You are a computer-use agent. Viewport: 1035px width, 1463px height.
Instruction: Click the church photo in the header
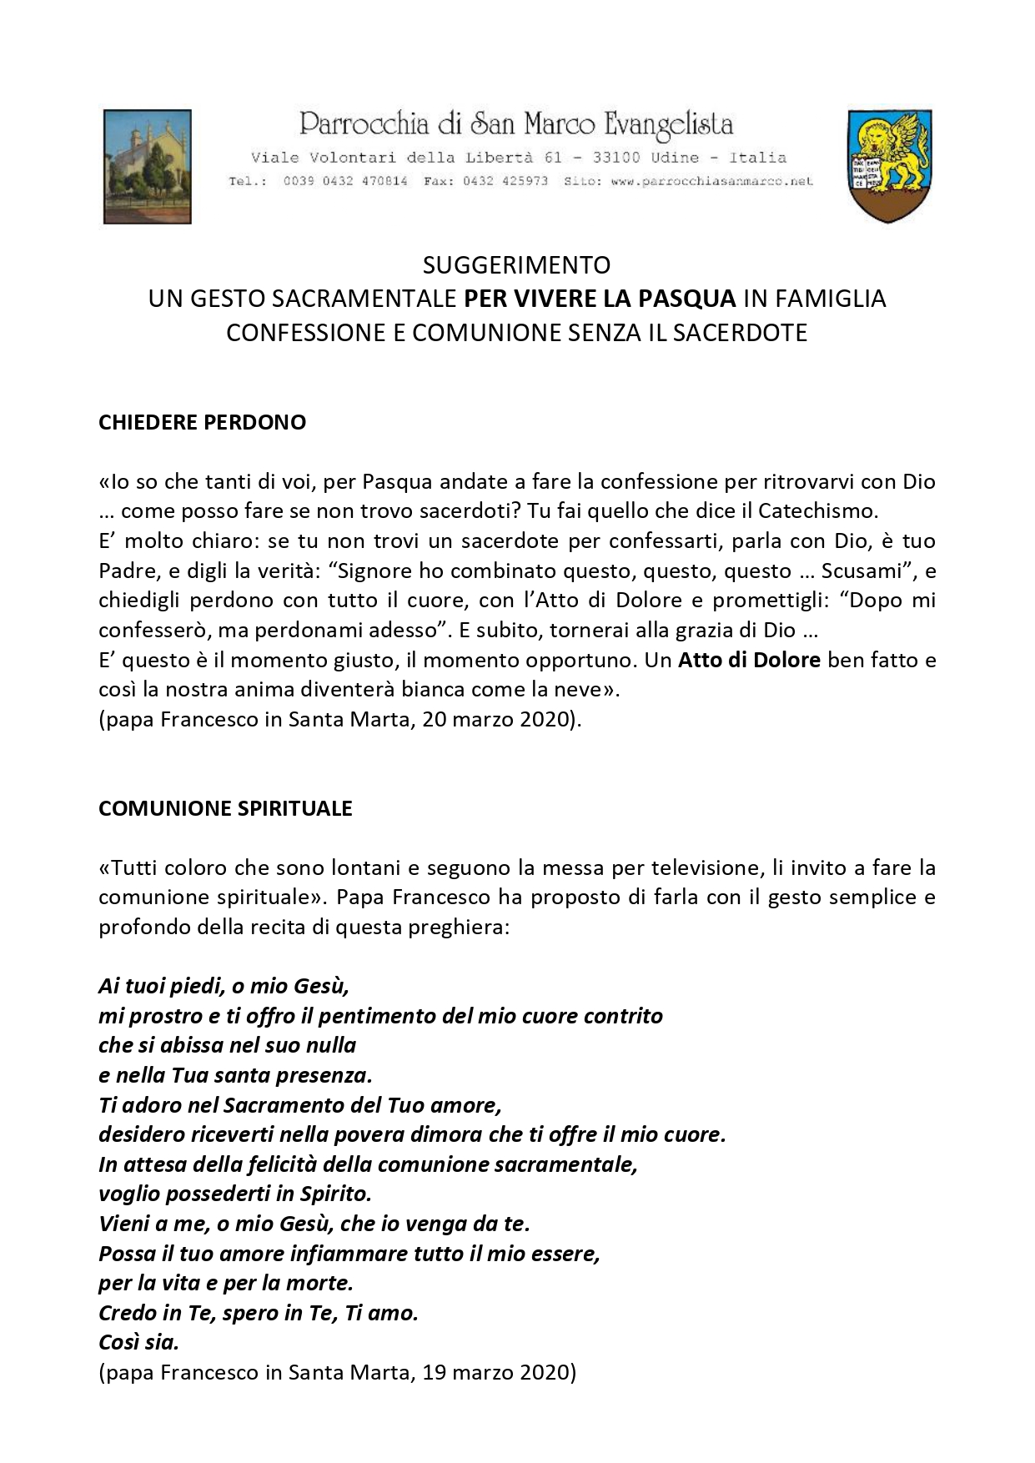point(147,166)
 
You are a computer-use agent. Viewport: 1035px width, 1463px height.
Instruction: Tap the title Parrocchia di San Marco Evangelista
point(516,124)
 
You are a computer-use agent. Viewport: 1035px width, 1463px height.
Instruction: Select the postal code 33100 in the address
point(616,157)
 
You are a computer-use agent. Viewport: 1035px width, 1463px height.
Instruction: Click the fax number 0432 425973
point(505,180)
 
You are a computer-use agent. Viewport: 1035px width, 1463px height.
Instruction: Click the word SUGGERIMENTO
point(516,264)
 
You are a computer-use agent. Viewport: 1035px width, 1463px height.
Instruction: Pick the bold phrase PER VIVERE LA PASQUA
point(600,298)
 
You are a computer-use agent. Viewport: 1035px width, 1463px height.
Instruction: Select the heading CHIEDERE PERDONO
point(202,422)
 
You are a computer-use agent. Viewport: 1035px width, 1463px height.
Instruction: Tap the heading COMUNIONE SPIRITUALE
point(225,808)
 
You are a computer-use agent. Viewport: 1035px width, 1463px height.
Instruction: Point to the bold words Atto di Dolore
point(749,660)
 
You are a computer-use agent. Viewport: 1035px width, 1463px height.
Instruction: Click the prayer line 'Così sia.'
point(138,1342)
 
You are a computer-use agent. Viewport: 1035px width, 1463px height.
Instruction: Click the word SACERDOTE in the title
point(740,332)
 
